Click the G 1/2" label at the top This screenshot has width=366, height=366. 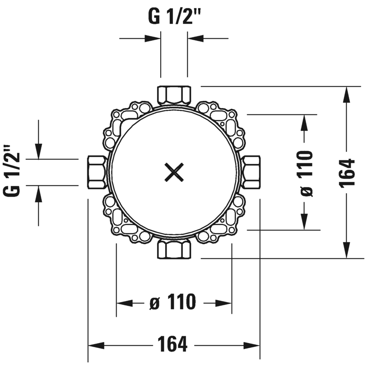tap(174, 18)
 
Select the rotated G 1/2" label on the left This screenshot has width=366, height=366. tap(13, 171)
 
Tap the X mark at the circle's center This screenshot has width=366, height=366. tap(174, 172)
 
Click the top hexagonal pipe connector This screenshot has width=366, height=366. tap(174, 95)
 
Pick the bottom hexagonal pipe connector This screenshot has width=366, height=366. tap(174, 250)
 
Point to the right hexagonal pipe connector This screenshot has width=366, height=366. tap(252, 172)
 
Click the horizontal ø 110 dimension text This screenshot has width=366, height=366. tap(173, 303)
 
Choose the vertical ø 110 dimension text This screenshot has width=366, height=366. tap(306, 173)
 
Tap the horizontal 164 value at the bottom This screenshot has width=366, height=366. tap(173, 345)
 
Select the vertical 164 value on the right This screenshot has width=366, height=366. tap(348, 172)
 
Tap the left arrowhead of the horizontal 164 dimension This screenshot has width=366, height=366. tap(96, 346)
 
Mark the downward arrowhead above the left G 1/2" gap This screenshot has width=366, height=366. tap(39, 151)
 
